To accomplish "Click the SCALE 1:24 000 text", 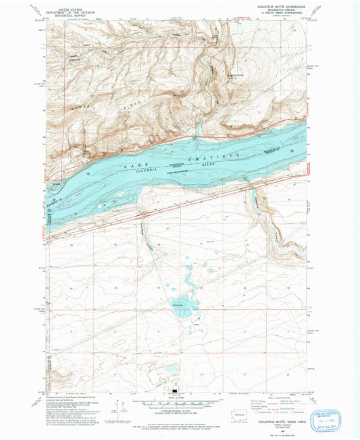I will click(177, 397).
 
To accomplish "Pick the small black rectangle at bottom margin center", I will click(177, 391).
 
